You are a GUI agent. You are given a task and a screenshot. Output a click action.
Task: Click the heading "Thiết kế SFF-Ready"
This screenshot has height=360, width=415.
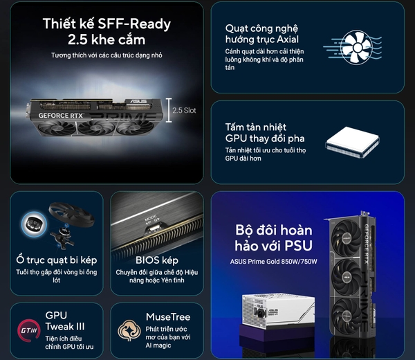click(x=107, y=24)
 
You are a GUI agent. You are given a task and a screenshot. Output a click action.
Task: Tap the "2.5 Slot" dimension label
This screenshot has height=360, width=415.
click(x=184, y=110)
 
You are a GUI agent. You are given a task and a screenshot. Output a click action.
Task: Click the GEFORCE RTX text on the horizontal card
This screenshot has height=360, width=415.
click(x=61, y=116)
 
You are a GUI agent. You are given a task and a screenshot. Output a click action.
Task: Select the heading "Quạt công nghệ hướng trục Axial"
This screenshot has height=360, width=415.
click(x=262, y=34)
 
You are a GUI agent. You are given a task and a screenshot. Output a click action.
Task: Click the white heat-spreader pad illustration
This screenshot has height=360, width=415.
click(x=352, y=142)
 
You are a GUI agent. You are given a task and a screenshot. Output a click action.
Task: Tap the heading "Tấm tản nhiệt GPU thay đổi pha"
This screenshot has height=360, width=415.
click(x=265, y=133)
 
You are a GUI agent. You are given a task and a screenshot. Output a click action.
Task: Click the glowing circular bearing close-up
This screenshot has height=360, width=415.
click(x=34, y=224)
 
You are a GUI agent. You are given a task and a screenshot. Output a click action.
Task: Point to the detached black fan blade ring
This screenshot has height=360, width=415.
click(x=71, y=214)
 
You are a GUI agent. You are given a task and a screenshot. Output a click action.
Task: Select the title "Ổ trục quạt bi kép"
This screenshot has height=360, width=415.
click(x=57, y=260)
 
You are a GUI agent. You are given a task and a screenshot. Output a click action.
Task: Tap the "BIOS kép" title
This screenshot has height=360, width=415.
click(x=157, y=260)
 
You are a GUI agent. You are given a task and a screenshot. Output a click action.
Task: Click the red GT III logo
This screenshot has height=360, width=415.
click(x=28, y=330)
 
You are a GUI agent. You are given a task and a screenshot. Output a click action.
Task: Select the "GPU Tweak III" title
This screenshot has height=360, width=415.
click(x=65, y=321)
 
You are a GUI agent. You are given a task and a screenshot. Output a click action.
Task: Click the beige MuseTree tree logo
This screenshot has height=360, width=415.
click(x=129, y=330)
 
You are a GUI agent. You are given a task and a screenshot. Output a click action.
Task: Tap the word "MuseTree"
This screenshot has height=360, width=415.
click(x=168, y=317)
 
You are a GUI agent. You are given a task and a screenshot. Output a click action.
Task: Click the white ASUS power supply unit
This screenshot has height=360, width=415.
click(x=278, y=310)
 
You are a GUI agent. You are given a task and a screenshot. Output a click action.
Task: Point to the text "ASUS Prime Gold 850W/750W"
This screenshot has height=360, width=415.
click(x=273, y=262)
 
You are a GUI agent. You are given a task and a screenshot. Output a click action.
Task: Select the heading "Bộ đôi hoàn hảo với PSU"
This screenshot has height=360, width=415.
click(x=274, y=237)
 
